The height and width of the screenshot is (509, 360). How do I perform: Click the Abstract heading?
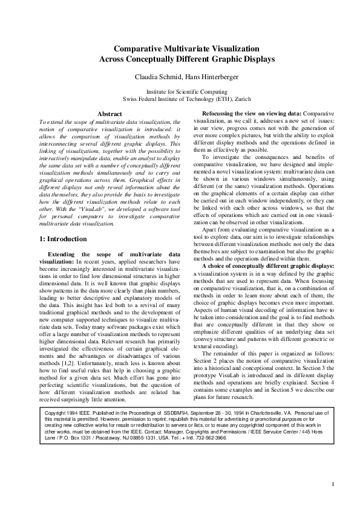(x=110, y=114)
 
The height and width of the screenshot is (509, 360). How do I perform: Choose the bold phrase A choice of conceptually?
(x=239, y=265)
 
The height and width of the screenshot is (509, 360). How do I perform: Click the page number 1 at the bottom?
(x=333, y=484)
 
